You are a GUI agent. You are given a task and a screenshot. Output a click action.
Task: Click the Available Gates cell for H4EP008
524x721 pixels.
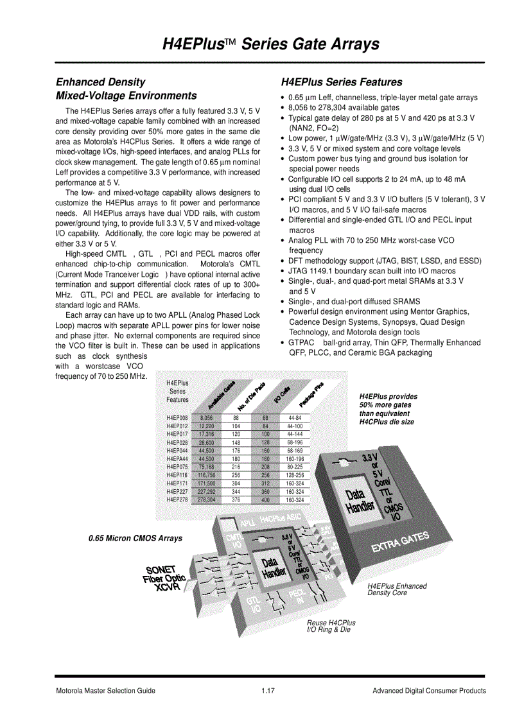click(206, 417)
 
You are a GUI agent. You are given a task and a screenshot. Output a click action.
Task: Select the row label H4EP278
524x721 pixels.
click(177, 499)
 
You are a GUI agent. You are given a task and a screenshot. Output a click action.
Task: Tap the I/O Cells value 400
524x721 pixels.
click(265, 499)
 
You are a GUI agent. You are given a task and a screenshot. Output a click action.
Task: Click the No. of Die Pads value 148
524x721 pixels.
click(236, 442)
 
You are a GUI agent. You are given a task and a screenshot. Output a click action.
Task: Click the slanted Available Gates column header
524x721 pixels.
click(220, 395)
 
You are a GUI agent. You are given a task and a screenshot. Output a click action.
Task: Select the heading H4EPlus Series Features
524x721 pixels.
click(342, 82)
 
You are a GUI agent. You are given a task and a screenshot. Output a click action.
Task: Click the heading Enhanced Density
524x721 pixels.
click(100, 82)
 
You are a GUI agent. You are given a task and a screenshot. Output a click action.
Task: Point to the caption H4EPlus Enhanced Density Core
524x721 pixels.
click(396, 589)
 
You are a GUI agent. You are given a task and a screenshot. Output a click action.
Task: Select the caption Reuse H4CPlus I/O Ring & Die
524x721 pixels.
click(331, 626)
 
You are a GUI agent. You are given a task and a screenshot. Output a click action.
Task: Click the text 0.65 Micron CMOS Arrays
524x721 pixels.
click(135, 538)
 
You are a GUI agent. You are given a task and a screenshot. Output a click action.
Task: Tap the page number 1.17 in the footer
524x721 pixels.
click(268, 691)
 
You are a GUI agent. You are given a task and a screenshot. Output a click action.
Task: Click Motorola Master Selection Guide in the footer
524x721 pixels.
click(105, 691)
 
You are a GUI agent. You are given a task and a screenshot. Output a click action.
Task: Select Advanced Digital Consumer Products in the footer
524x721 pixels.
click(429, 691)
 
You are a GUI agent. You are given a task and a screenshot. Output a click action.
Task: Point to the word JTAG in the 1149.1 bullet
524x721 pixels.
click(298, 271)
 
